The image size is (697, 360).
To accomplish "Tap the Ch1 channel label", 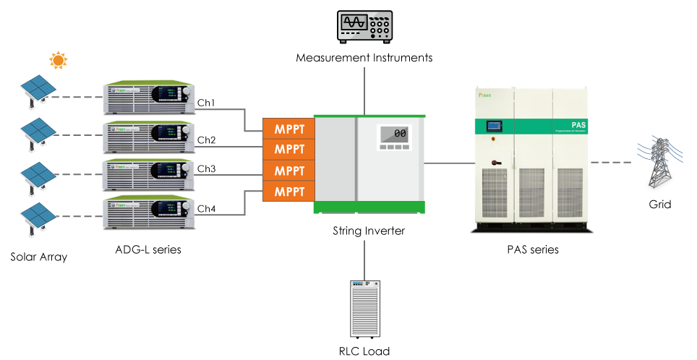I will tap(207, 103).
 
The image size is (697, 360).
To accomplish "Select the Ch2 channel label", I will tap(207, 140).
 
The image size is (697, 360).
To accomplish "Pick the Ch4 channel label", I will tap(207, 209).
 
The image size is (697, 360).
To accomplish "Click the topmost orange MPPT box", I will tap(288, 129).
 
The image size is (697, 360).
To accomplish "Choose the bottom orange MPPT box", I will tap(288, 192).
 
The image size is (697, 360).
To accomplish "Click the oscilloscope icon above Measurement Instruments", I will tap(364, 26).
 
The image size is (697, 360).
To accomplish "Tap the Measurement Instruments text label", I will tap(364, 57).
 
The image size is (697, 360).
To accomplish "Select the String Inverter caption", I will tap(369, 231).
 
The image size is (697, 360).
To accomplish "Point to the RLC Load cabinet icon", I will tap(364, 309).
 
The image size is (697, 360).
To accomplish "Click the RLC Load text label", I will tap(364, 351).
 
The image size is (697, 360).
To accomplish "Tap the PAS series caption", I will tap(532, 249).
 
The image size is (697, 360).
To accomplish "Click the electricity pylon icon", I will tap(658, 163).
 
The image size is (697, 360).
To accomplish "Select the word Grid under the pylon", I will tap(659, 205).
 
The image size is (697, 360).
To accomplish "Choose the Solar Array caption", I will tap(38, 257).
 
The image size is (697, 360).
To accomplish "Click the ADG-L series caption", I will tap(148, 249).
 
